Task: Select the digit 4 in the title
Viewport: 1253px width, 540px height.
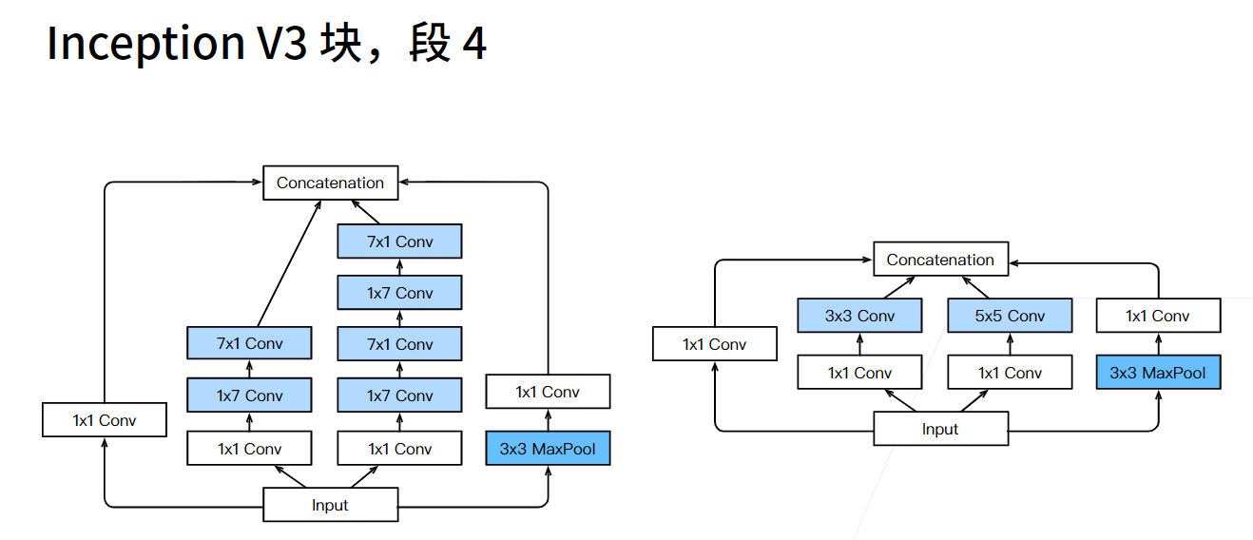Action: (x=474, y=44)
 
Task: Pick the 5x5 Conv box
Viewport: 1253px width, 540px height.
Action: (x=1010, y=316)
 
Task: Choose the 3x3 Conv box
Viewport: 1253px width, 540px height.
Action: (x=859, y=316)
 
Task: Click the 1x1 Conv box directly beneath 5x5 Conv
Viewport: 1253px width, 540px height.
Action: (x=1010, y=373)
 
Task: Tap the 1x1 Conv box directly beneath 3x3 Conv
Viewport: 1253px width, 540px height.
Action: (x=859, y=373)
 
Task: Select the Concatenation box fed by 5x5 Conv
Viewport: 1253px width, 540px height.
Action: (x=940, y=260)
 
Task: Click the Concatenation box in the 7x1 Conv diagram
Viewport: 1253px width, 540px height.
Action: (x=330, y=183)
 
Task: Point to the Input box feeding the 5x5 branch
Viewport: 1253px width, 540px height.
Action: (x=940, y=429)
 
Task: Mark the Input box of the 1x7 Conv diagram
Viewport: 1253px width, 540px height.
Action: (x=330, y=505)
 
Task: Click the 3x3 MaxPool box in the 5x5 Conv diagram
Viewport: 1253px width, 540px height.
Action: (x=1157, y=373)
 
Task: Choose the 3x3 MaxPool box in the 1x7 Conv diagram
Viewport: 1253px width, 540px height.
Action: (x=547, y=449)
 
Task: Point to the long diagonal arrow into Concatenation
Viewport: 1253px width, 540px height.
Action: (x=287, y=263)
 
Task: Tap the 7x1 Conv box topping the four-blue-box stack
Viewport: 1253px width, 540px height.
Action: (x=399, y=241)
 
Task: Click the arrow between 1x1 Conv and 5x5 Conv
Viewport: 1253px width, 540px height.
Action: (x=1010, y=344)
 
